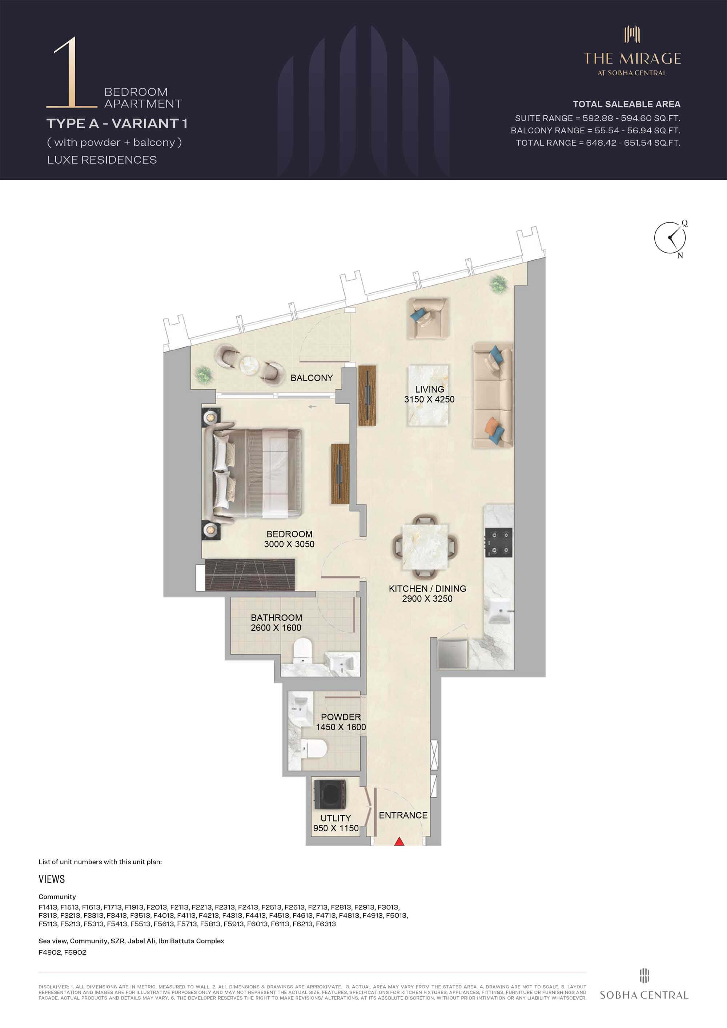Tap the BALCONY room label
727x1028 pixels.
(x=312, y=378)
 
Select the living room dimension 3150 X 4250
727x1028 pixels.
(x=429, y=399)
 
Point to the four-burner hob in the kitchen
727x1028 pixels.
(x=499, y=542)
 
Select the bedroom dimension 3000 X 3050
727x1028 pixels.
(x=289, y=544)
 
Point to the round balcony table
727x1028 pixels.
(x=249, y=365)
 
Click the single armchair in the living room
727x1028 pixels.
(x=427, y=318)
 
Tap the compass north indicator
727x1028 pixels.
(x=680, y=255)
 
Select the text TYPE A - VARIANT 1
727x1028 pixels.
(x=117, y=124)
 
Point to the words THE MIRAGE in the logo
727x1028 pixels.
(x=632, y=59)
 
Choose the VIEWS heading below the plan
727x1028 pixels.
(x=52, y=879)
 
